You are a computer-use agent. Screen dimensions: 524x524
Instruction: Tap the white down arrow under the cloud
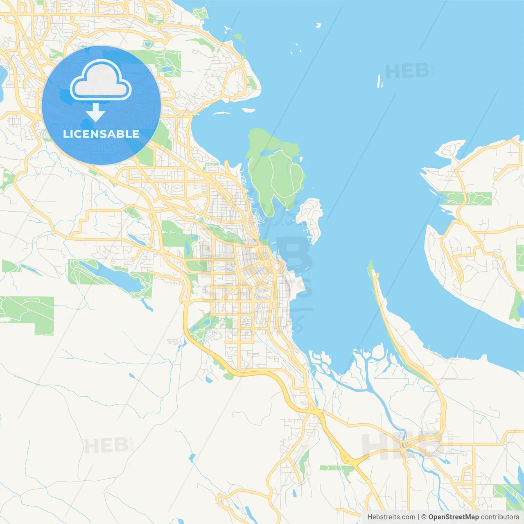click(x=95, y=113)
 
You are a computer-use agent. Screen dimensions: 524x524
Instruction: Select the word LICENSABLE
click(x=101, y=134)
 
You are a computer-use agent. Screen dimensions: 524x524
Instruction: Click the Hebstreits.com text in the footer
click(x=391, y=517)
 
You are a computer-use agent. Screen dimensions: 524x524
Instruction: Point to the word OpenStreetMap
click(x=453, y=517)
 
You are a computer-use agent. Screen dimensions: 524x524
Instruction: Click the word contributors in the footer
click(x=500, y=517)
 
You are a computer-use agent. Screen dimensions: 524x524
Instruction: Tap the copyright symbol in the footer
click(x=424, y=517)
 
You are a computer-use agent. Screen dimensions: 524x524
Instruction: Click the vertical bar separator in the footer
click(x=418, y=517)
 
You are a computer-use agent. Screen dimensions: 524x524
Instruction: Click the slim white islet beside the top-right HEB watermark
click(x=379, y=81)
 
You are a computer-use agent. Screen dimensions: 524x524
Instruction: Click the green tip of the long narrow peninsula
click(x=371, y=268)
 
